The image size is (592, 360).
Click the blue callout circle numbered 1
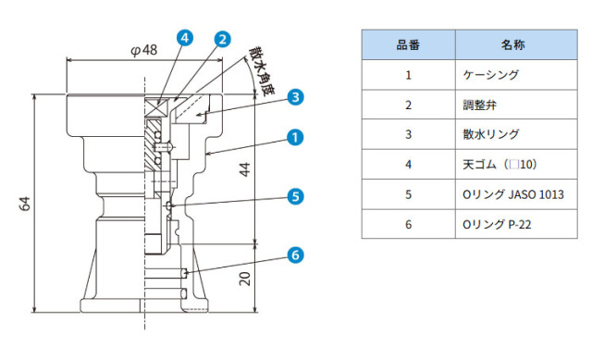[x=295, y=137]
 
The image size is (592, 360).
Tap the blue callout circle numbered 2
[x=222, y=39]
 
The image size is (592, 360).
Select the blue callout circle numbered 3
[x=295, y=97]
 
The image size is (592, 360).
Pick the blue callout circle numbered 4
[x=185, y=38]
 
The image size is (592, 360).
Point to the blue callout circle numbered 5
[x=295, y=196]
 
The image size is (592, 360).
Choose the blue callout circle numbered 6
[x=295, y=255]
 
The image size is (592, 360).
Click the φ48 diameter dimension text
[x=144, y=50]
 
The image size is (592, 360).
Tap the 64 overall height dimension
[x=25, y=204]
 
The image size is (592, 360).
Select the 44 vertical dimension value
[x=244, y=169]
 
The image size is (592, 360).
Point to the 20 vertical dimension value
[x=244, y=279]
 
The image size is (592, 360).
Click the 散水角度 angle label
[x=261, y=71]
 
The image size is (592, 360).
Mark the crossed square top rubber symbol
[x=156, y=107]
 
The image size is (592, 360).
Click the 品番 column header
[x=408, y=45]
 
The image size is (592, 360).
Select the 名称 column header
[x=512, y=45]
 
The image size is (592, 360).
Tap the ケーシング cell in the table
[x=491, y=75]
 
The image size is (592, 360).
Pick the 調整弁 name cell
[x=479, y=105]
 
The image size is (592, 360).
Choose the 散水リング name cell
[x=491, y=134]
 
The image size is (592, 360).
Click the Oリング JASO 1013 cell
[x=513, y=194]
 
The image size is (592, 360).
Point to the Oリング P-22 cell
[x=497, y=224]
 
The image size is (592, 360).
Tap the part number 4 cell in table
[x=408, y=165]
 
